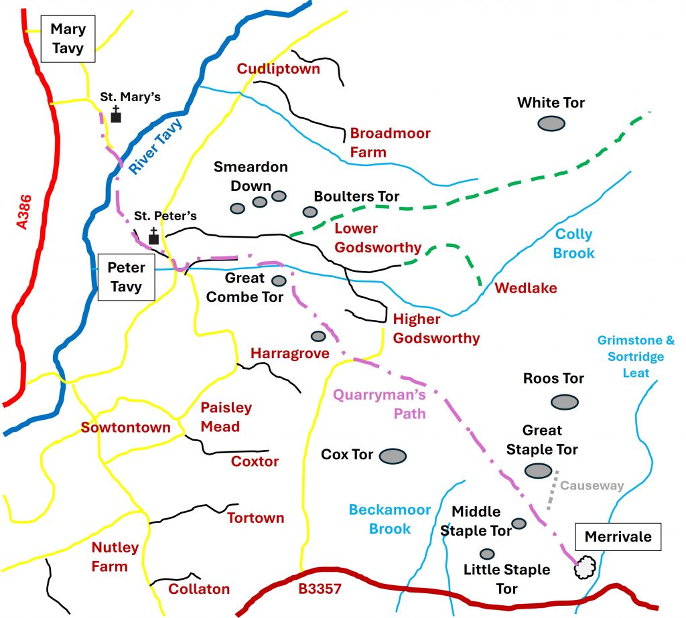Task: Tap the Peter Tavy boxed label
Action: coord(127,277)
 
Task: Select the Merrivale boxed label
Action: coord(618,536)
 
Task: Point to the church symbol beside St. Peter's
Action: coord(153,236)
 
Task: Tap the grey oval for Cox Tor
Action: coord(393,456)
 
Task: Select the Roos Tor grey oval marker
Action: coord(564,402)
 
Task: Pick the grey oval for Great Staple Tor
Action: coord(539,471)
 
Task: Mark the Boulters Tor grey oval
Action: coord(310,212)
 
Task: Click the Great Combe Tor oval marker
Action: coord(278,281)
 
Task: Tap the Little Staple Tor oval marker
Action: coord(487,554)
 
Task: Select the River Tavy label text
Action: coord(153,153)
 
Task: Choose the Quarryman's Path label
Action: coord(380,404)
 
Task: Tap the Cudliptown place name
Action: coord(278,69)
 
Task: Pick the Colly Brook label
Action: coord(574,244)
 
